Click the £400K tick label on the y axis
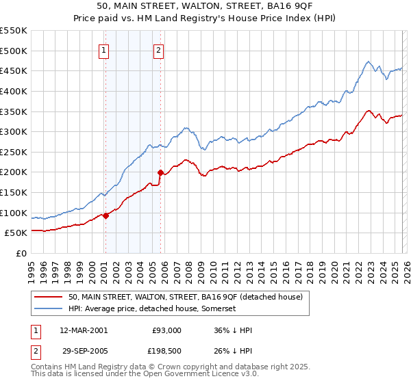13,91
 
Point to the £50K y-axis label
16,233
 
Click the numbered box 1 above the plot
104,50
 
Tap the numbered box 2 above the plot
159,50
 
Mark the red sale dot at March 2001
105,215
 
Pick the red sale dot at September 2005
160,173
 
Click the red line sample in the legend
49,297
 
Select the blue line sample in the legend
49,309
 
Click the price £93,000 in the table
167,330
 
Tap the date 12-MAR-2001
84,330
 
